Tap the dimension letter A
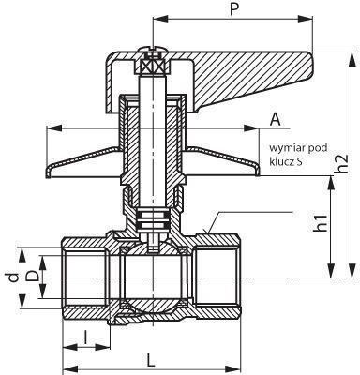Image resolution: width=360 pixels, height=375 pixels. pos(275,119)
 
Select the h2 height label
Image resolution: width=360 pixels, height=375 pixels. pos(342,163)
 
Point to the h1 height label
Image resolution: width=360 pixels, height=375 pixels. pos(321,223)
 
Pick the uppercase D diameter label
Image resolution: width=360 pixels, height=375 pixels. pos(33,277)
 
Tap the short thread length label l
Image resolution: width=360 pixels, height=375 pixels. pos(85,337)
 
